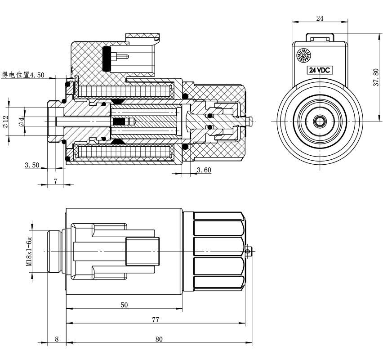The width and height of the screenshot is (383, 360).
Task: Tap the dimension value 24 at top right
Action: pyautogui.click(x=320, y=18)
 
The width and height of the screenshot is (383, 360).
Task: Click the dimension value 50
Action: pyautogui.click(x=124, y=305)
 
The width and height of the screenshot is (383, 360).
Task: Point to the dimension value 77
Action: pyautogui.click(x=155, y=319)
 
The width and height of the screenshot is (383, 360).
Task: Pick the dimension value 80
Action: pyautogui.click(x=159, y=339)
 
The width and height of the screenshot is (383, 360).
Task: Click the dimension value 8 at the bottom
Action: pyautogui.click(x=57, y=339)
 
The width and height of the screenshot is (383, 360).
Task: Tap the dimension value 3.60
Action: pyautogui.click(x=204, y=169)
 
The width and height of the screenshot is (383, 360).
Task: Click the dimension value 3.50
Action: pyautogui.click(x=32, y=165)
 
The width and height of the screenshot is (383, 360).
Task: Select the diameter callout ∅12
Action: pyautogui.click(x=6, y=122)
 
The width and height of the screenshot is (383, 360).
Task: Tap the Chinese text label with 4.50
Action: pyautogui.click(x=23, y=75)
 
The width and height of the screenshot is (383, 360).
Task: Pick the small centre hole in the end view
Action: pyautogui.click(x=320, y=121)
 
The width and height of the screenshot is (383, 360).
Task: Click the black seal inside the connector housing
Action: pyautogui.click(x=107, y=58)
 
